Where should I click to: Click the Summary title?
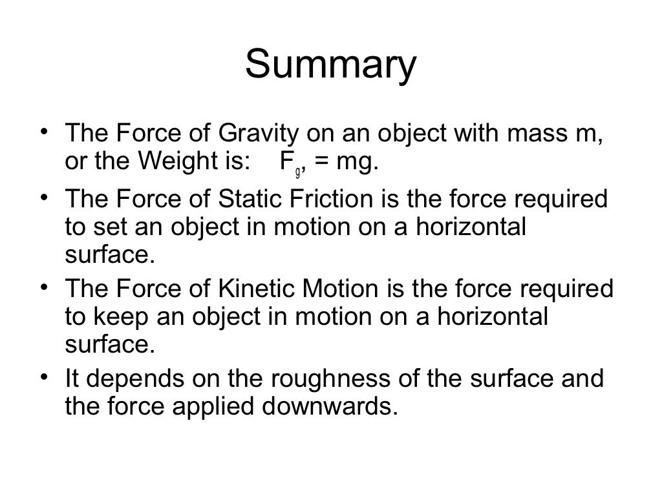point(330,66)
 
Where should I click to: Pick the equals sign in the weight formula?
point(321,162)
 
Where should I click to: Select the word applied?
point(230,407)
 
